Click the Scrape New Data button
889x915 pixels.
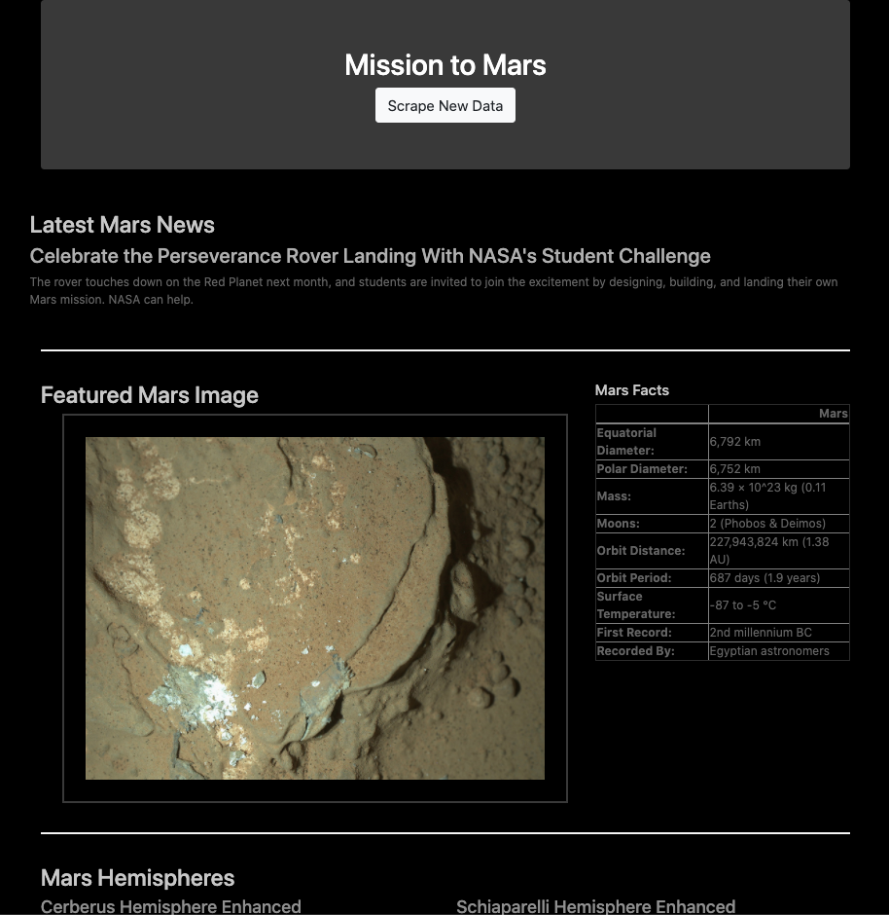445,105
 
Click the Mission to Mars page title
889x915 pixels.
445,65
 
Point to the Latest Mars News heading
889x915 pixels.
123,225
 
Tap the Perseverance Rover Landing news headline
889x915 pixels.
370,256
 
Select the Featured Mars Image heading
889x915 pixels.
150,395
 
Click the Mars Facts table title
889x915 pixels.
632,390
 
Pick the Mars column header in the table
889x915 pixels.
833,414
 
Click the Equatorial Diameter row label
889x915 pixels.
626,442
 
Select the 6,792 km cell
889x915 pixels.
735,442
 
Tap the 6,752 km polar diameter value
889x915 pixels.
735,469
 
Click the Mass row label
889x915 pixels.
614,496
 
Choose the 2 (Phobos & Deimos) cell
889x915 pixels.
767,524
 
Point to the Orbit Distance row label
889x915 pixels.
641,551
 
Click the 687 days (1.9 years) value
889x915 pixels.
765,578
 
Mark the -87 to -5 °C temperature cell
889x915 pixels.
743,605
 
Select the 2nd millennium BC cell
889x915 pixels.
761,633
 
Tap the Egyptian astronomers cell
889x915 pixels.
769,651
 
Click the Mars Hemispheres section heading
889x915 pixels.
138,878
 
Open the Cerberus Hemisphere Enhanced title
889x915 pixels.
171,906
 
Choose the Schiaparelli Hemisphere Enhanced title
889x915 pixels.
595,906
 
